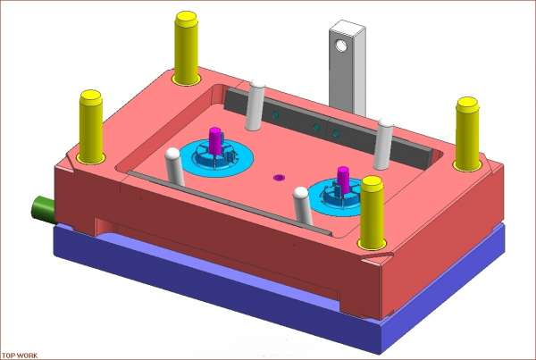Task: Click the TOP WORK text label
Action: pyautogui.click(x=20, y=356)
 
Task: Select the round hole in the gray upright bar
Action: pyautogui.click(x=341, y=46)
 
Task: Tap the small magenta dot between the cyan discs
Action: pyautogui.click(x=279, y=177)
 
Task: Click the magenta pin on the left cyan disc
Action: pyautogui.click(x=215, y=141)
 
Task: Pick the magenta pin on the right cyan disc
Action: pyautogui.click(x=343, y=180)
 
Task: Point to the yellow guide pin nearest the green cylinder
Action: pyautogui.click(x=91, y=127)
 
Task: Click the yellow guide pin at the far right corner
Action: pyautogui.click(x=467, y=133)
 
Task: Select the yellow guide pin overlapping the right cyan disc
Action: pyautogui.click(x=372, y=212)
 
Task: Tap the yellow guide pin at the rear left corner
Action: pyautogui.click(x=186, y=48)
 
